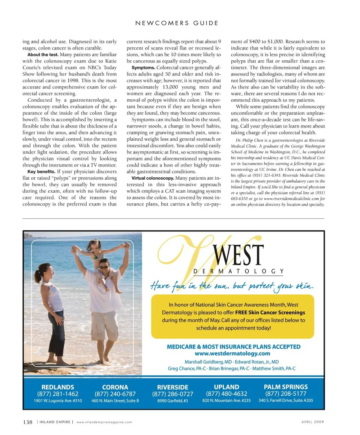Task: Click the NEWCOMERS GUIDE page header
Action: coord(177,23)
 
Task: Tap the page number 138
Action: coord(27,422)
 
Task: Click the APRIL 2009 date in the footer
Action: coord(313,422)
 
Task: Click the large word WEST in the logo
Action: coord(238,255)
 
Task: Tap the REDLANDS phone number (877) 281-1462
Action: coord(58,394)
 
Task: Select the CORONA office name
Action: coord(115,387)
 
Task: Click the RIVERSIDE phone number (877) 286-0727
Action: coord(172,394)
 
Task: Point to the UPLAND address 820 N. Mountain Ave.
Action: coord(226,400)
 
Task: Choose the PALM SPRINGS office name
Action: coord(286,387)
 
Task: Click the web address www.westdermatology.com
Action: coord(232,353)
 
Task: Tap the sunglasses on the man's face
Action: coord(103,267)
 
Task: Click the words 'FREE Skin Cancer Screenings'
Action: coord(270,312)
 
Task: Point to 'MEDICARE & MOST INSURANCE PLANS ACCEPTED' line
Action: coord(233,346)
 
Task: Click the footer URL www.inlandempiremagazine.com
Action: coord(104,422)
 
